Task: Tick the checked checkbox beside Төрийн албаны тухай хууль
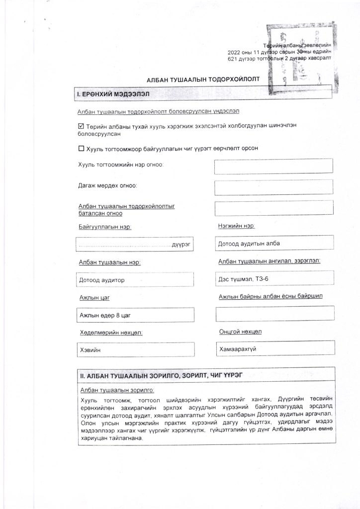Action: point(82,126)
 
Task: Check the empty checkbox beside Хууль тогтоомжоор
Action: point(82,148)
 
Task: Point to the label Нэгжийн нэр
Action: point(236,226)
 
